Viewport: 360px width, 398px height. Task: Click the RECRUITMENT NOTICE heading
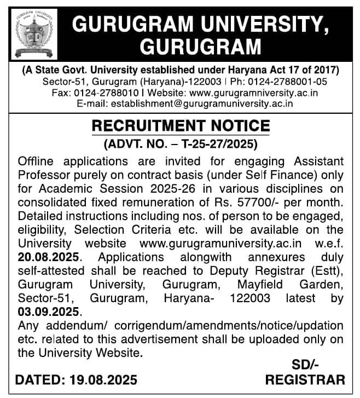(x=181, y=126)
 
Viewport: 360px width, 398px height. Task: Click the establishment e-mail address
(x=202, y=103)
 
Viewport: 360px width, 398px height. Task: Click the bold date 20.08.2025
(x=49, y=256)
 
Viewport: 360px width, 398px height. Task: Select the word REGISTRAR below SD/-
(x=305, y=379)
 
